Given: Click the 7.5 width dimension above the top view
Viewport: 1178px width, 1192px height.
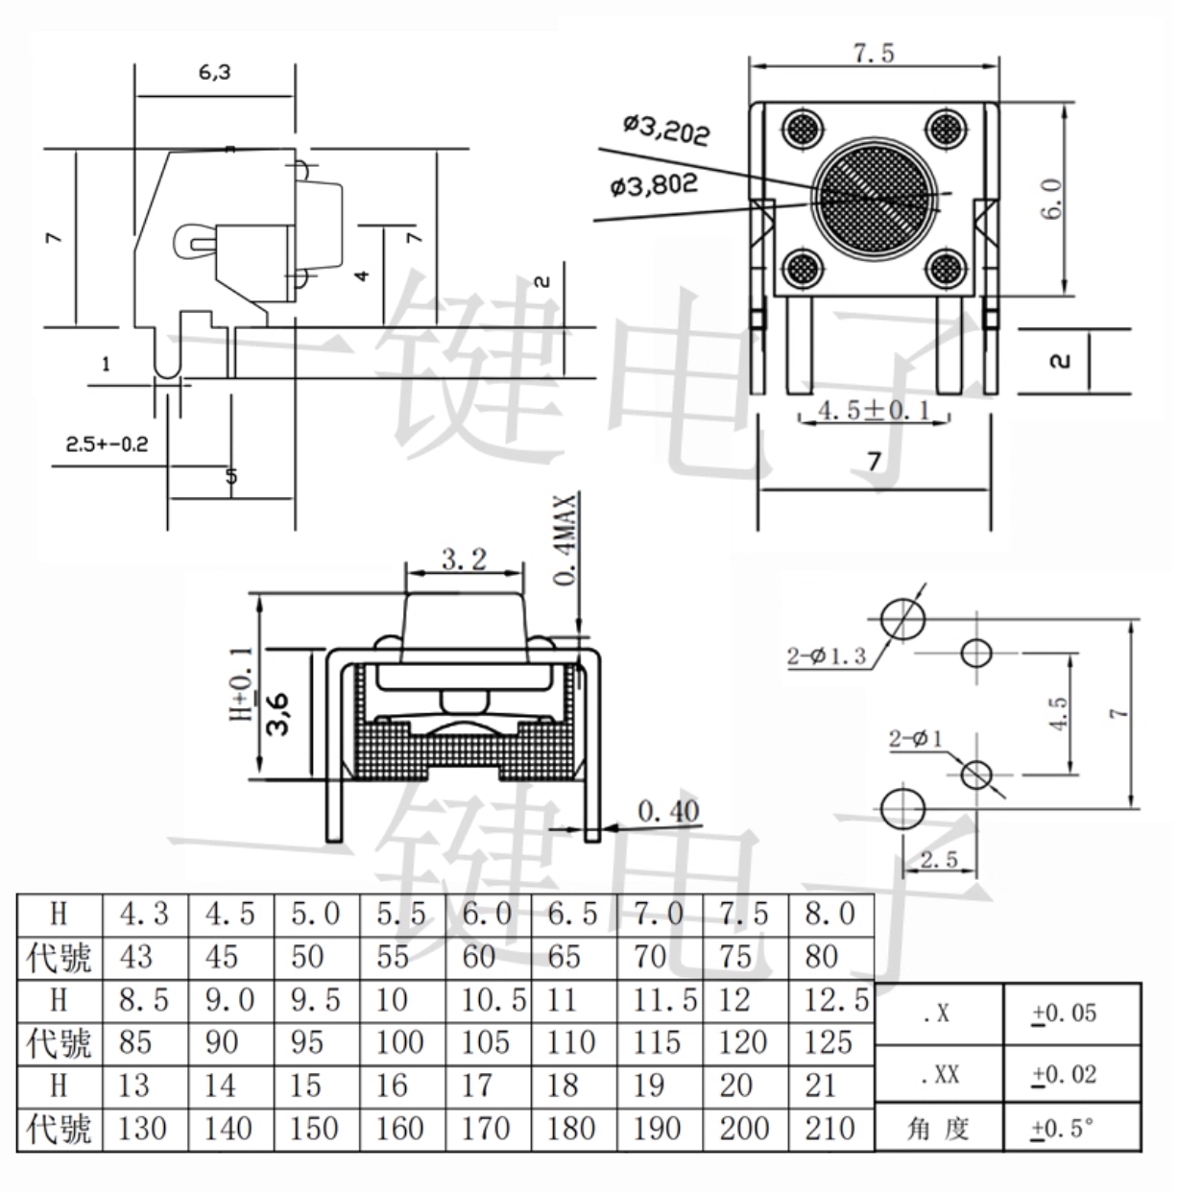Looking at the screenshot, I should click(x=874, y=54).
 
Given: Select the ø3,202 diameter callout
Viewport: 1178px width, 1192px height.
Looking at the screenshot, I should click(x=666, y=129).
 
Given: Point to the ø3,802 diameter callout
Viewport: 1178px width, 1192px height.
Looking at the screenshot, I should click(x=654, y=184).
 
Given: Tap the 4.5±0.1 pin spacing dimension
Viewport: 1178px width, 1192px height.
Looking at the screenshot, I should click(x=874, y=411).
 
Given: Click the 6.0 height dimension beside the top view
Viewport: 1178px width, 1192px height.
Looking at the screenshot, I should click(x=1052, y=199).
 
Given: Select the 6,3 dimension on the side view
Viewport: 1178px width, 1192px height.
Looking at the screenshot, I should click(x=215, y=73).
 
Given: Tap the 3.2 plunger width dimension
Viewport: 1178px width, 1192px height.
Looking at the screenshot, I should click(x=465, y=559).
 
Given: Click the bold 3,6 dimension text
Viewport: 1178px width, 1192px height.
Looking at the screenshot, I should click(x=279, y=711).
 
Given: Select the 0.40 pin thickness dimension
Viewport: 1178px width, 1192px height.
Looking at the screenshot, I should click(x=668, y=812).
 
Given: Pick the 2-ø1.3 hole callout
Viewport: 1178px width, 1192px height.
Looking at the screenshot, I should click(x=827, y=656).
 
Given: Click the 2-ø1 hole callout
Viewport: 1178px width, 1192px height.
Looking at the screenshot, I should click(x=915, y=739).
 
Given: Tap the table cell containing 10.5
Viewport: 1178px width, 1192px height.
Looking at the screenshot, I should click(x=493, y=1000).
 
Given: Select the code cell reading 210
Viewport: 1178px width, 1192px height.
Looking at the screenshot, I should click(x=829, y=1128).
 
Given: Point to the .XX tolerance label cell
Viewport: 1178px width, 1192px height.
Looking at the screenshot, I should click(x=940, y=1075).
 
